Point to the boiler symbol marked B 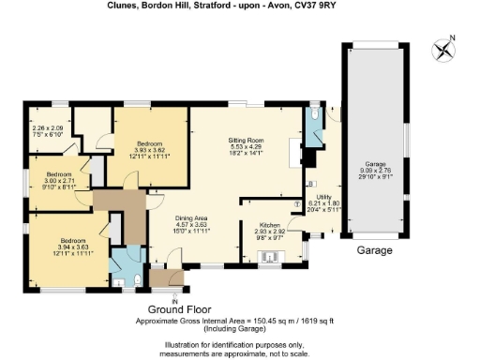(x=311, y=184)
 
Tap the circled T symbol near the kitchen (x=297, y=203)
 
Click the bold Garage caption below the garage (x=374, y=250)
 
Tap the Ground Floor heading (x=179, y=309)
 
